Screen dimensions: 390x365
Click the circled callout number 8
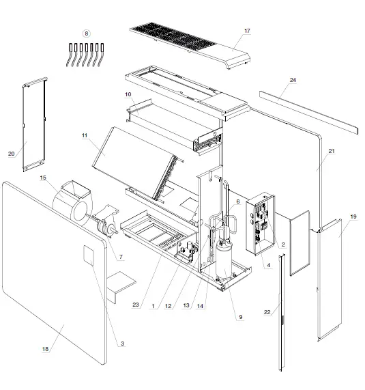[86, 33]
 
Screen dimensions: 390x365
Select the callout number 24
[293, 80]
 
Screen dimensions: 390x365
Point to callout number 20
[12, 154]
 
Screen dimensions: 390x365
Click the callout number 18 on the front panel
[45, 349]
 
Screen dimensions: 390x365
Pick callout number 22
[268, 314]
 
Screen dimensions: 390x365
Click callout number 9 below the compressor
[240, 316]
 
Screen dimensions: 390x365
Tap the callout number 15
[43, 178]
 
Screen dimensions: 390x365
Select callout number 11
[85, 137]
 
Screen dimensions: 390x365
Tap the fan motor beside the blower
[106, 225]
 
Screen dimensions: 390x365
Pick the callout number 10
[128, 94]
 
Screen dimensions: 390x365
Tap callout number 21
[332, 150]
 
